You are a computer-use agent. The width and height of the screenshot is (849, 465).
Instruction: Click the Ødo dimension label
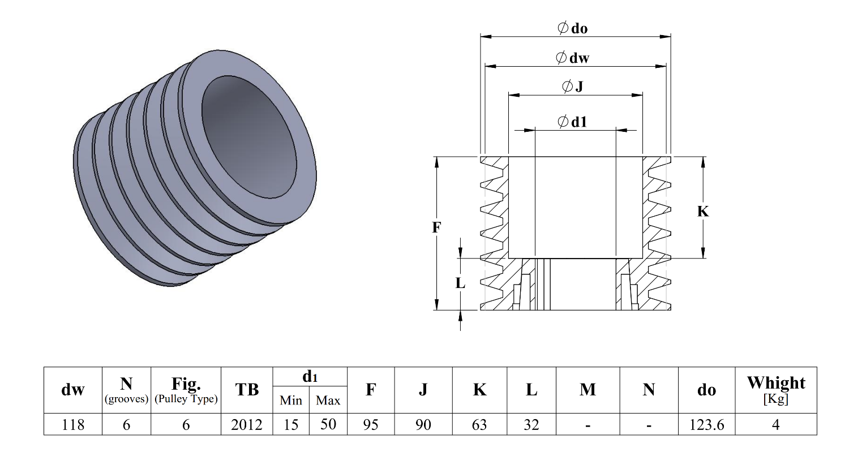click(x=573, y=28)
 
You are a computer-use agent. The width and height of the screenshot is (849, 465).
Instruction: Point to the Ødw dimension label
click(x=573, y=57)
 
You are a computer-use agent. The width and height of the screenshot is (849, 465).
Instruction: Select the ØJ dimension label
click(x=572, y=87)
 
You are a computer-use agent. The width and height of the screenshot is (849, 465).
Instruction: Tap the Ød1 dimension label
click(x=572, y=122)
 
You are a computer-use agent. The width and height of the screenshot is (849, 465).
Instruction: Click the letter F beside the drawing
click(x=436, y=227)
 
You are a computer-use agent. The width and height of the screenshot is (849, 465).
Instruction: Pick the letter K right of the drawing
click(x=702, y=212)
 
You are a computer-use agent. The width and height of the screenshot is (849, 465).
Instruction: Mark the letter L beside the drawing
click(x=460, y=283)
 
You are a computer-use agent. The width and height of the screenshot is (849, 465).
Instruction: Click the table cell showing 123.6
click(x=706, y=425)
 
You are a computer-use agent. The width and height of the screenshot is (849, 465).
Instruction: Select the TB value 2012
click(x=247, y=425)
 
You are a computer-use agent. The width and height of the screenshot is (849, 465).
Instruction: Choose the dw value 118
click(x=73, y=425)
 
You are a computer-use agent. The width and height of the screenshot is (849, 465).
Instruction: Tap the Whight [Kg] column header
click(x=775, y=390)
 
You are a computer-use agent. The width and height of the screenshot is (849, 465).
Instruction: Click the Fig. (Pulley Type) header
click(x=186, y=390)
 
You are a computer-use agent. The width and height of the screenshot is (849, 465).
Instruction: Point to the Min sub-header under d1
click(x=291, y=401)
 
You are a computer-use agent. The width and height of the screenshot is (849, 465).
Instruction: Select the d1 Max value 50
click(x=328, y=425)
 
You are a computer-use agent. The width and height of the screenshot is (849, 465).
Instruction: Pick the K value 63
click(x=479, y=425)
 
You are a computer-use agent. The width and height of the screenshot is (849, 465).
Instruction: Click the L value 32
click(x=531, y=425)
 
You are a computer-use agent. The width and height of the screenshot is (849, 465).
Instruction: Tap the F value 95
click(x=371, y=425)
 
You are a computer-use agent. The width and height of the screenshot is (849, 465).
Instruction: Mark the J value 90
click(x=423, y=425)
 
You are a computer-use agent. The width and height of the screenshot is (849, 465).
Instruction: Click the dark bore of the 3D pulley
click(x=249, y=136)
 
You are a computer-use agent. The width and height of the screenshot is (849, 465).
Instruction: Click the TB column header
click(x=247, y=390)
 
